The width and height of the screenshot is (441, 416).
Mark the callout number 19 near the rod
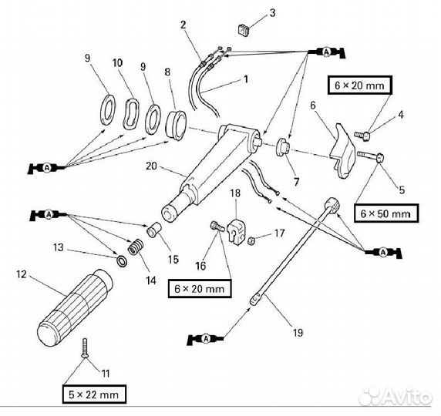(297, 333)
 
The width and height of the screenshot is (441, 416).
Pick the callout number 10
(117, 62)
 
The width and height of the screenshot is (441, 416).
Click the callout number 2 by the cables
(184, 25)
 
